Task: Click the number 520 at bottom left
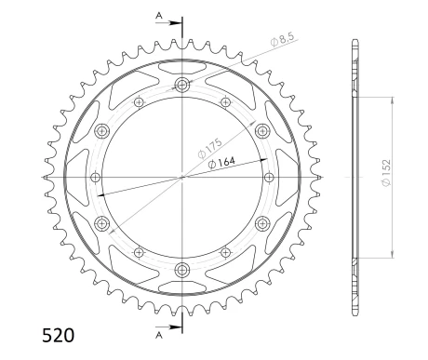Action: [59, 335]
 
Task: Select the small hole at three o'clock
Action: [270, 175]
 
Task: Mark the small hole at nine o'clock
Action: [93, 175]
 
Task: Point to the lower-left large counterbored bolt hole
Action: [102, 221]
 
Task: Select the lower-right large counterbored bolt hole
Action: [261, 221]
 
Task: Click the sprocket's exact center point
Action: [181, 175]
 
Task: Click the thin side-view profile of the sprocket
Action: [354, 175]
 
